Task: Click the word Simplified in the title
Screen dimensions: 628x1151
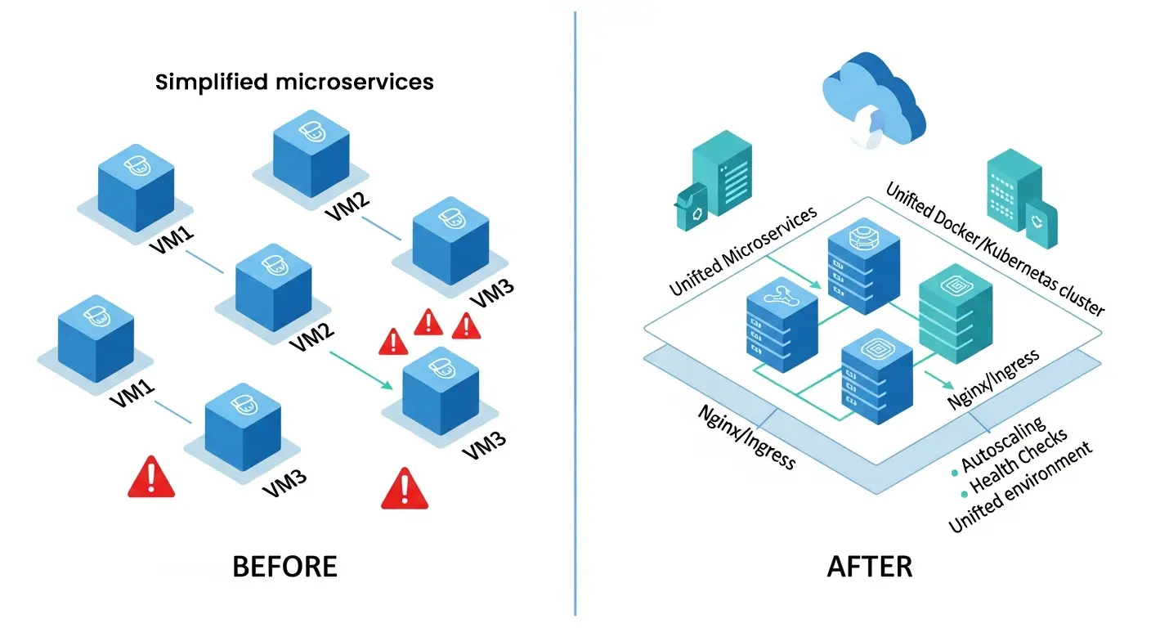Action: [x=210, y=82]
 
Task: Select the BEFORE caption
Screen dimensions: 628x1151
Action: [x=284, y=566]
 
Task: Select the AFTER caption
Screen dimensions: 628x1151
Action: [x=870, y=566]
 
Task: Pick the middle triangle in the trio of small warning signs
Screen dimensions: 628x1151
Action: [x=428, y=322]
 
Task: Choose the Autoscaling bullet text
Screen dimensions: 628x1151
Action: [x=1003, y=446]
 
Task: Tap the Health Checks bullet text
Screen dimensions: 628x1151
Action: [x=1018, y=462]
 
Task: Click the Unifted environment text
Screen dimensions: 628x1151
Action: [x=1019, y=488]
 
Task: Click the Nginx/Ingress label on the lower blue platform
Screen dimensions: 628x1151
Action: [x=746, y=436]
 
